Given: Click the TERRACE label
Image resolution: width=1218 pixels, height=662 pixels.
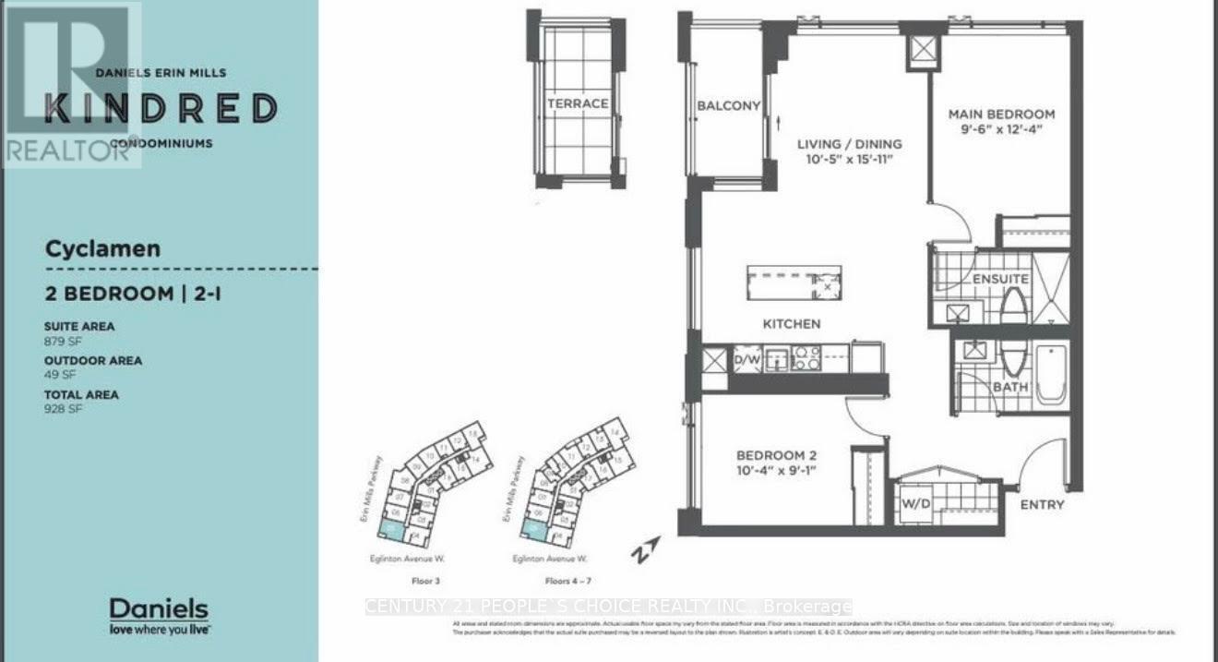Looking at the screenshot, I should (578, 103).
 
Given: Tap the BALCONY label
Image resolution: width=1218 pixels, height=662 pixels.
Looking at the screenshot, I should (728, 106).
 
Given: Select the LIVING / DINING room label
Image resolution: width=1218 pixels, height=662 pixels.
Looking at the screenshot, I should (849, 144).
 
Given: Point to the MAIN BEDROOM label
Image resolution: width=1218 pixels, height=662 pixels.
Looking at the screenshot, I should (1002, 114).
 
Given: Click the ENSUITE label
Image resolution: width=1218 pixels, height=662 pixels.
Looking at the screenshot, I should (1000, 279).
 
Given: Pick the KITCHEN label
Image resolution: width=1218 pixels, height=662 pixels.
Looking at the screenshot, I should (791, 324).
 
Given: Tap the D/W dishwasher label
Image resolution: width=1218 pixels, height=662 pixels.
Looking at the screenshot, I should (746, 358).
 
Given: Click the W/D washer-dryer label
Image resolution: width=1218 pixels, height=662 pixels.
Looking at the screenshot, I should (915, 505).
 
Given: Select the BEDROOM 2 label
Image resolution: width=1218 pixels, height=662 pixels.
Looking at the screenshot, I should (776, 455).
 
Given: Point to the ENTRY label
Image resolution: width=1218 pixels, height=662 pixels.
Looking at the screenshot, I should (1042, 505).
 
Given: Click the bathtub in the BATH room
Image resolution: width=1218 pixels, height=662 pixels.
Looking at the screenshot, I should (1051, 373).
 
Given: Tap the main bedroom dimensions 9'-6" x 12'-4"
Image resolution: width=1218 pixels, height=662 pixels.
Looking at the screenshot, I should (1002, 130).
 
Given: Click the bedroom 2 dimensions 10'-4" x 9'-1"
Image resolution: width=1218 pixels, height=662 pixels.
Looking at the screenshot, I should (776, 471).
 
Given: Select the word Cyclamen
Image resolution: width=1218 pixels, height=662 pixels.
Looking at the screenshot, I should (102, 248).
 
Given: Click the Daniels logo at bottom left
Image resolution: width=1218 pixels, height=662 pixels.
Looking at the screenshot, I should (159, 615).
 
